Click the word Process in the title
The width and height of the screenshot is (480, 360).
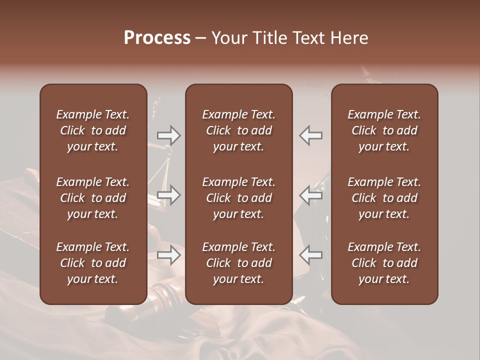[x=157, y=38]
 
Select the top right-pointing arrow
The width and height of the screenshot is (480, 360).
[x=168, y=135]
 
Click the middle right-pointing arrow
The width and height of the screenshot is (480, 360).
[x=168, y=194]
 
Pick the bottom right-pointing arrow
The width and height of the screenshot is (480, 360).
[x=168, y=255]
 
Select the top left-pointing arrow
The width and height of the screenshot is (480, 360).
[x=311, y=135]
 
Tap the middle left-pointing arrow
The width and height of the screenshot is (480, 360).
[x=311, y=194]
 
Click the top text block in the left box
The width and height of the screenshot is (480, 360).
[x=93, y=130]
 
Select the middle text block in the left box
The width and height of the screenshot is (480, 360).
[x=93, y=198]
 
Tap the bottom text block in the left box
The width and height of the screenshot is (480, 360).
[x=93, y=263]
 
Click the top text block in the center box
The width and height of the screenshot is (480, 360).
[x=238, y=130]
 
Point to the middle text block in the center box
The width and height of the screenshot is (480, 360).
[x=238, y=198]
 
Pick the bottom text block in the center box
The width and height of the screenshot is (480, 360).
[x=238, y=263]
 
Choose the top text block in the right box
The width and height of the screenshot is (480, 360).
[x=384, y=130]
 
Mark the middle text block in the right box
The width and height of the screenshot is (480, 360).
[x=384, y=198]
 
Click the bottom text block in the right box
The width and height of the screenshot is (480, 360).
[x=384, y=263]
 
